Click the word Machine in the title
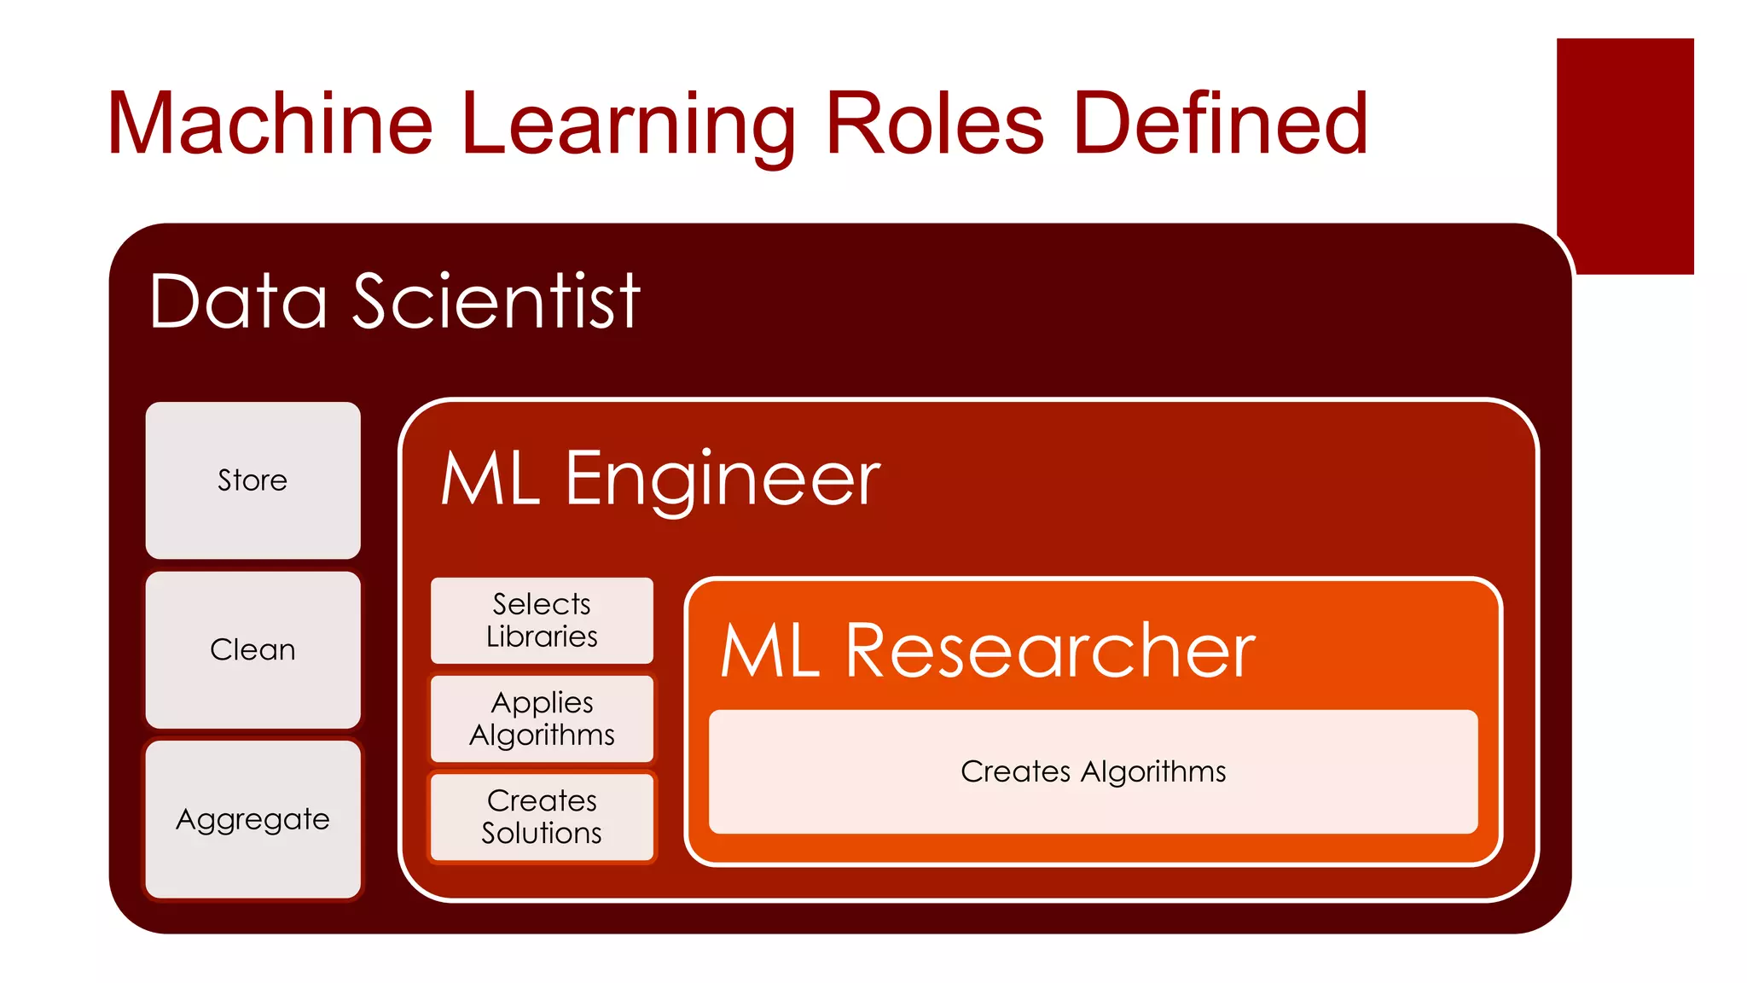(270, 125)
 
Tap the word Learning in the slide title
(628, 125)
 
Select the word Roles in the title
(935, 125)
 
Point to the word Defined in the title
(1221, 125)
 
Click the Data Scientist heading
(394, 300)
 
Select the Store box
(252, 480)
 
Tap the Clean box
(252, 650)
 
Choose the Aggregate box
(252, 819)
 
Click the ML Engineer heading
(660, 480)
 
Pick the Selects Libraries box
(542, 620)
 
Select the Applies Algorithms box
(542, 718)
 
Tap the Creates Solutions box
(542, 817)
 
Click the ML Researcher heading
(987, 651)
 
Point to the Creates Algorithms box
(1093, 771)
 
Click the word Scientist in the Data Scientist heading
(496, 300)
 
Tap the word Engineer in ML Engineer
(722, 480)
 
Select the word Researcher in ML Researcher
(1050, 651)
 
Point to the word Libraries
(542, 637)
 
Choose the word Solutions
(542, 833)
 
